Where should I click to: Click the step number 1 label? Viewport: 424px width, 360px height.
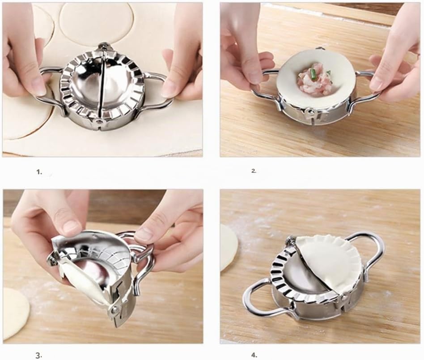(x=39, y=172)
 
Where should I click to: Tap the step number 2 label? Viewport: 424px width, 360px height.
(x=254, y=171)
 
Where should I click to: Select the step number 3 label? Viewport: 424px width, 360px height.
(x=38, y=355)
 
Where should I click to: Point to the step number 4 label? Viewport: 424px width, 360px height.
(x=254, y=355)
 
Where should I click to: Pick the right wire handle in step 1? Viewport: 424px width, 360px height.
(x=152, y=89)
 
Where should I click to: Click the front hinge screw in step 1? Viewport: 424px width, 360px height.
(x=99, y=122)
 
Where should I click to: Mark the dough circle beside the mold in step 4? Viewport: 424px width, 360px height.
(x=229, y=248)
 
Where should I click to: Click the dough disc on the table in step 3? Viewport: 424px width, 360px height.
(x=15, y=313)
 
